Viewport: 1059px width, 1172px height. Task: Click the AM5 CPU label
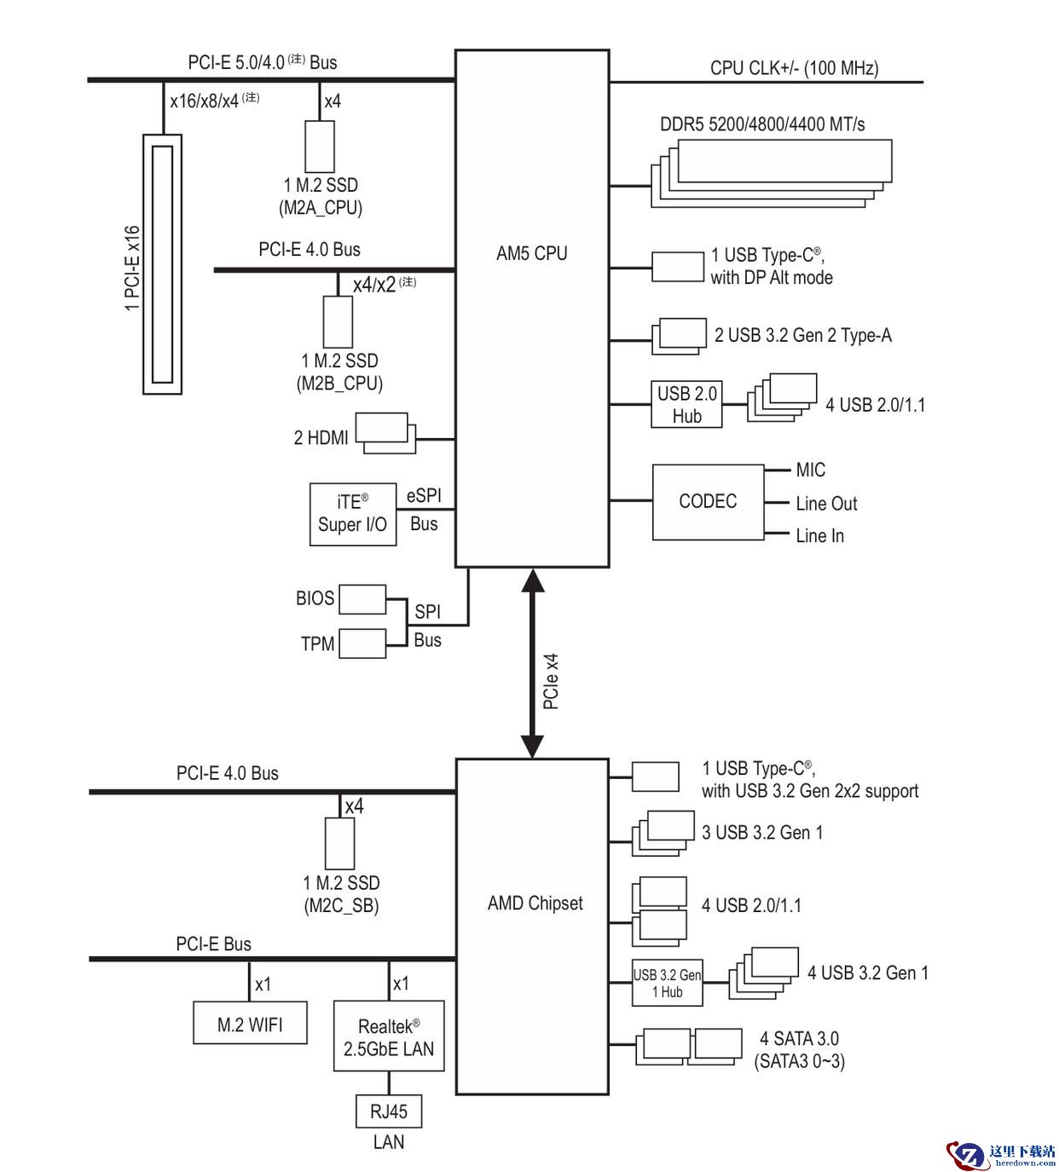pyautogui.click(x=531, y=253)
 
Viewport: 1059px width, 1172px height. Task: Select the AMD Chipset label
pyautogui.click(x=535, y=903)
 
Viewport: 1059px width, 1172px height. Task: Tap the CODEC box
pyautogui.click(x=708, y=501)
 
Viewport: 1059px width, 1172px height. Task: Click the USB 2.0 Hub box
pyautogui.click(x=686, y=404)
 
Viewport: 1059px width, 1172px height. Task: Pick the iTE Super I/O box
pyautogui.click(x=352, y=514)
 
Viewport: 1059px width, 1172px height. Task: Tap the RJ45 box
pyautogui.click(x=389, y=1111)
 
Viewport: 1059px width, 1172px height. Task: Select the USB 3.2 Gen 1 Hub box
pyautogui.click(x=667, y=983)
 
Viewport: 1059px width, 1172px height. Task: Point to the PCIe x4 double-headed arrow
pyautogui.click(x=532, y=663)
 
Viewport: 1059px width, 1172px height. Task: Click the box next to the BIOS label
pyautogui.click(x=362, y=599)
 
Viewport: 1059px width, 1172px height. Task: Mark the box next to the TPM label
pyautogui.click(x=362, y=644)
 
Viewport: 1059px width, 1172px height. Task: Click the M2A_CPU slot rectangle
pyautogui.click(x=320, y=147)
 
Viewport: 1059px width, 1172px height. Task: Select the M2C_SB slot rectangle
pyautogui.click(x=339, y=843)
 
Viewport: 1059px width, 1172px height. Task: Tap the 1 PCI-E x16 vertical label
pyautogui.click(x=133, y=268)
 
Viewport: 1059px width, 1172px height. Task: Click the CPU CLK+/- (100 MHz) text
pyautogui.click(x=795, y=68)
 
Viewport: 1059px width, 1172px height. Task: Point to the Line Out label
pyautogui.click(x=826, y=503)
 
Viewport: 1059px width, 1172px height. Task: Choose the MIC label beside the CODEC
pyautogui.click(x=811, y=470)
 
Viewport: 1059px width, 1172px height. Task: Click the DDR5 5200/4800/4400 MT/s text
pyautogui.click(x=762, y=124)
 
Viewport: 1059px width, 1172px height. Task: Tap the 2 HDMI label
pyautogui.click(x=321, y=437)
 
